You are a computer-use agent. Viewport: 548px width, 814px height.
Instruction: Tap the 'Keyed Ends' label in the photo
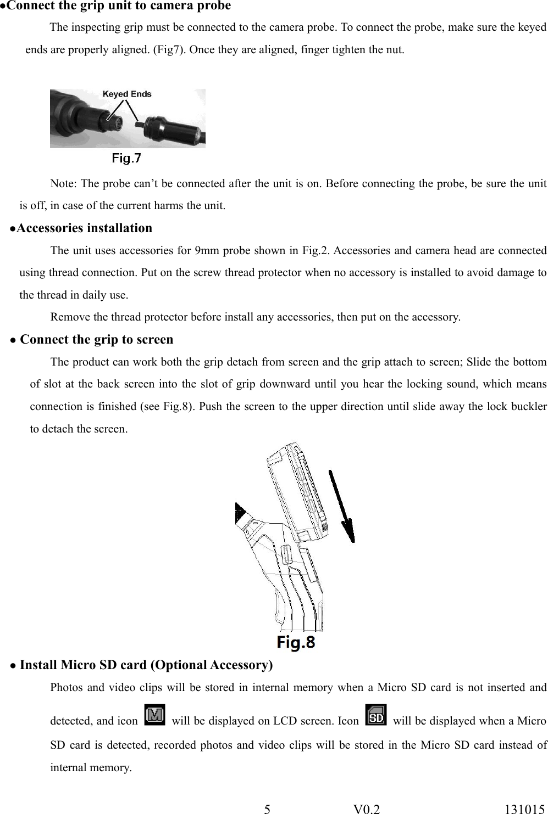pyautogui.click(x=127, y=94)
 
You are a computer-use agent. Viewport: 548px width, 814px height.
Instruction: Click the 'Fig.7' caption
pyautogui.click(x=126, y=159)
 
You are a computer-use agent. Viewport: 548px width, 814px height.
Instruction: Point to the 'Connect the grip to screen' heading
pyautogui.click(x=96, y=340)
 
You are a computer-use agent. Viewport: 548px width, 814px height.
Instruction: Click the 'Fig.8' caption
pyautogui.click(x=296, y=642)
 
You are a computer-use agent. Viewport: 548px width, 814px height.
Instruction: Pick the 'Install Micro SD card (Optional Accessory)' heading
pyautogui.click(x=146, y=665)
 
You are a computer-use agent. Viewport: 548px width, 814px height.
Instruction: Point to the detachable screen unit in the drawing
pyautogui.click(x=294, y=489)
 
